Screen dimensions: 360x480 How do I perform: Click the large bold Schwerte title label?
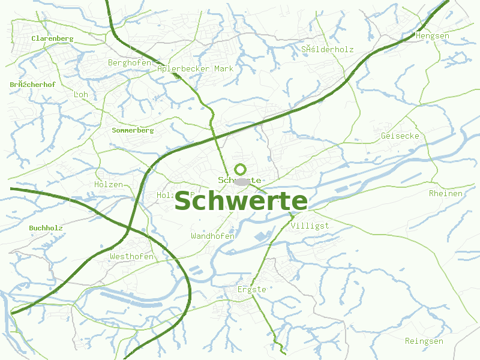pyautogui.click(x=241, y=202)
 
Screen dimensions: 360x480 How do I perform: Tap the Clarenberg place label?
pyautogui.click(x=52, y=38)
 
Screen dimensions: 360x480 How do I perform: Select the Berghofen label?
pyautogui.click(x=130, y=62)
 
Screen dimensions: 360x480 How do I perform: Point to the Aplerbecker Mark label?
pyautogui.click(x=195, y=69)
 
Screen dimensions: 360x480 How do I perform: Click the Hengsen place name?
pyautogui.click(x=432, y=36)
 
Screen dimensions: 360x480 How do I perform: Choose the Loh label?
pyautogui.click(x=80, y=95)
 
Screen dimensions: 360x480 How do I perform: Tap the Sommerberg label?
pyautogui.click(x=133, y=130)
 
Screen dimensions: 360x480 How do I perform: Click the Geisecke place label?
pyautogui.click(x=400, y=136)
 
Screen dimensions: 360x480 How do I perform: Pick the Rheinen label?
pyautogui.click(x=446, y=194)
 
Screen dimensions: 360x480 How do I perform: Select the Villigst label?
pyautogui.click(x=310, y=226)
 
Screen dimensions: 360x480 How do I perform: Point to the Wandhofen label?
pyautogui.click(x=212, y=236)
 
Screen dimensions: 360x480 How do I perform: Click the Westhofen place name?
pyautogui.click(x=131, y=257)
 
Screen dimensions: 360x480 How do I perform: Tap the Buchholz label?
pyautogui.click(x=46, y=228)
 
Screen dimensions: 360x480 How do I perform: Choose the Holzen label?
pyautogui.click(x=109, y=185)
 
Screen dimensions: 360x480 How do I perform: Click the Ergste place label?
pyautogui.click(x=251, y=290)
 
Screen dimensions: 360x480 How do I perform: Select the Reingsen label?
pyautogui.click(x=424, y=341)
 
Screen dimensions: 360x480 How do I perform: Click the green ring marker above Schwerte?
pyautogui.click(x=241, y=169)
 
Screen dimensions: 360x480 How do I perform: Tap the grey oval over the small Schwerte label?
pyautogui.click(x=242, y=181)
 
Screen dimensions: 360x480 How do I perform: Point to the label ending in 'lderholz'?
pyautogui.click(x=328, y=50)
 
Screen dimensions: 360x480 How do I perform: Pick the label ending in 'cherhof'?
pyautogui.click(x=32, y=85)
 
